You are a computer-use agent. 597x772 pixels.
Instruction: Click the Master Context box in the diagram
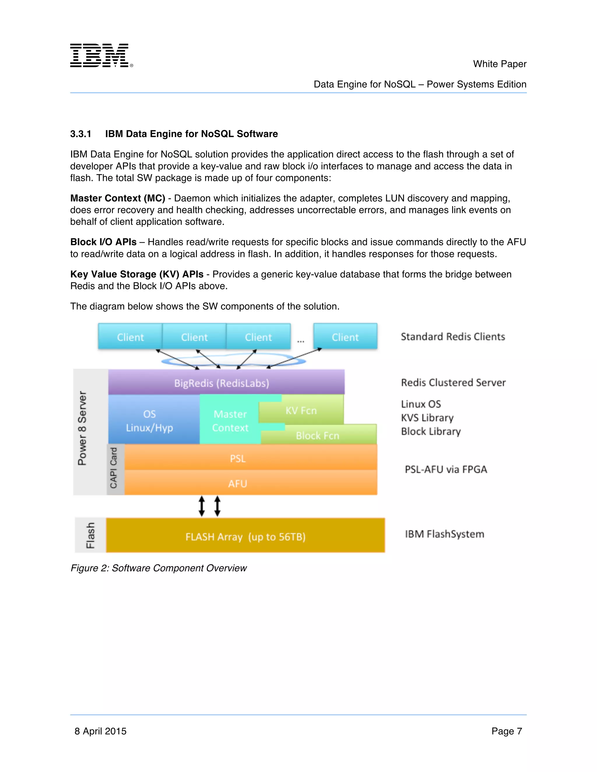(230, 421)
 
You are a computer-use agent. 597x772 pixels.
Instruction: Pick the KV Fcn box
(301, 410)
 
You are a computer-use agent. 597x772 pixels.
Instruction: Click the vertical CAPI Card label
(114, 468)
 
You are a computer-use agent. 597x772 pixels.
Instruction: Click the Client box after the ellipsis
(345, 336)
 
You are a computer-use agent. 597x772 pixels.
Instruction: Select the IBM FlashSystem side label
(444, 534)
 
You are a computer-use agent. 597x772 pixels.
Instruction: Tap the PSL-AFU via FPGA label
(446, 469)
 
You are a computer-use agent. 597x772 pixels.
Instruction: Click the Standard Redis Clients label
(453, 336)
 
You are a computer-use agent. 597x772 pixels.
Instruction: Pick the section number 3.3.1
(81, 134)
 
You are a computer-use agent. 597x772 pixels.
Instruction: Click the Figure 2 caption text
(159, 568)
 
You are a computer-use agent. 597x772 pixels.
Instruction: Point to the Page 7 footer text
(506, 731)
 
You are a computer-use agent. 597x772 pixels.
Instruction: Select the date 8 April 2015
(101, 731)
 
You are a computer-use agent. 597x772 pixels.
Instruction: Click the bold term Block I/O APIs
(103, 242)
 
